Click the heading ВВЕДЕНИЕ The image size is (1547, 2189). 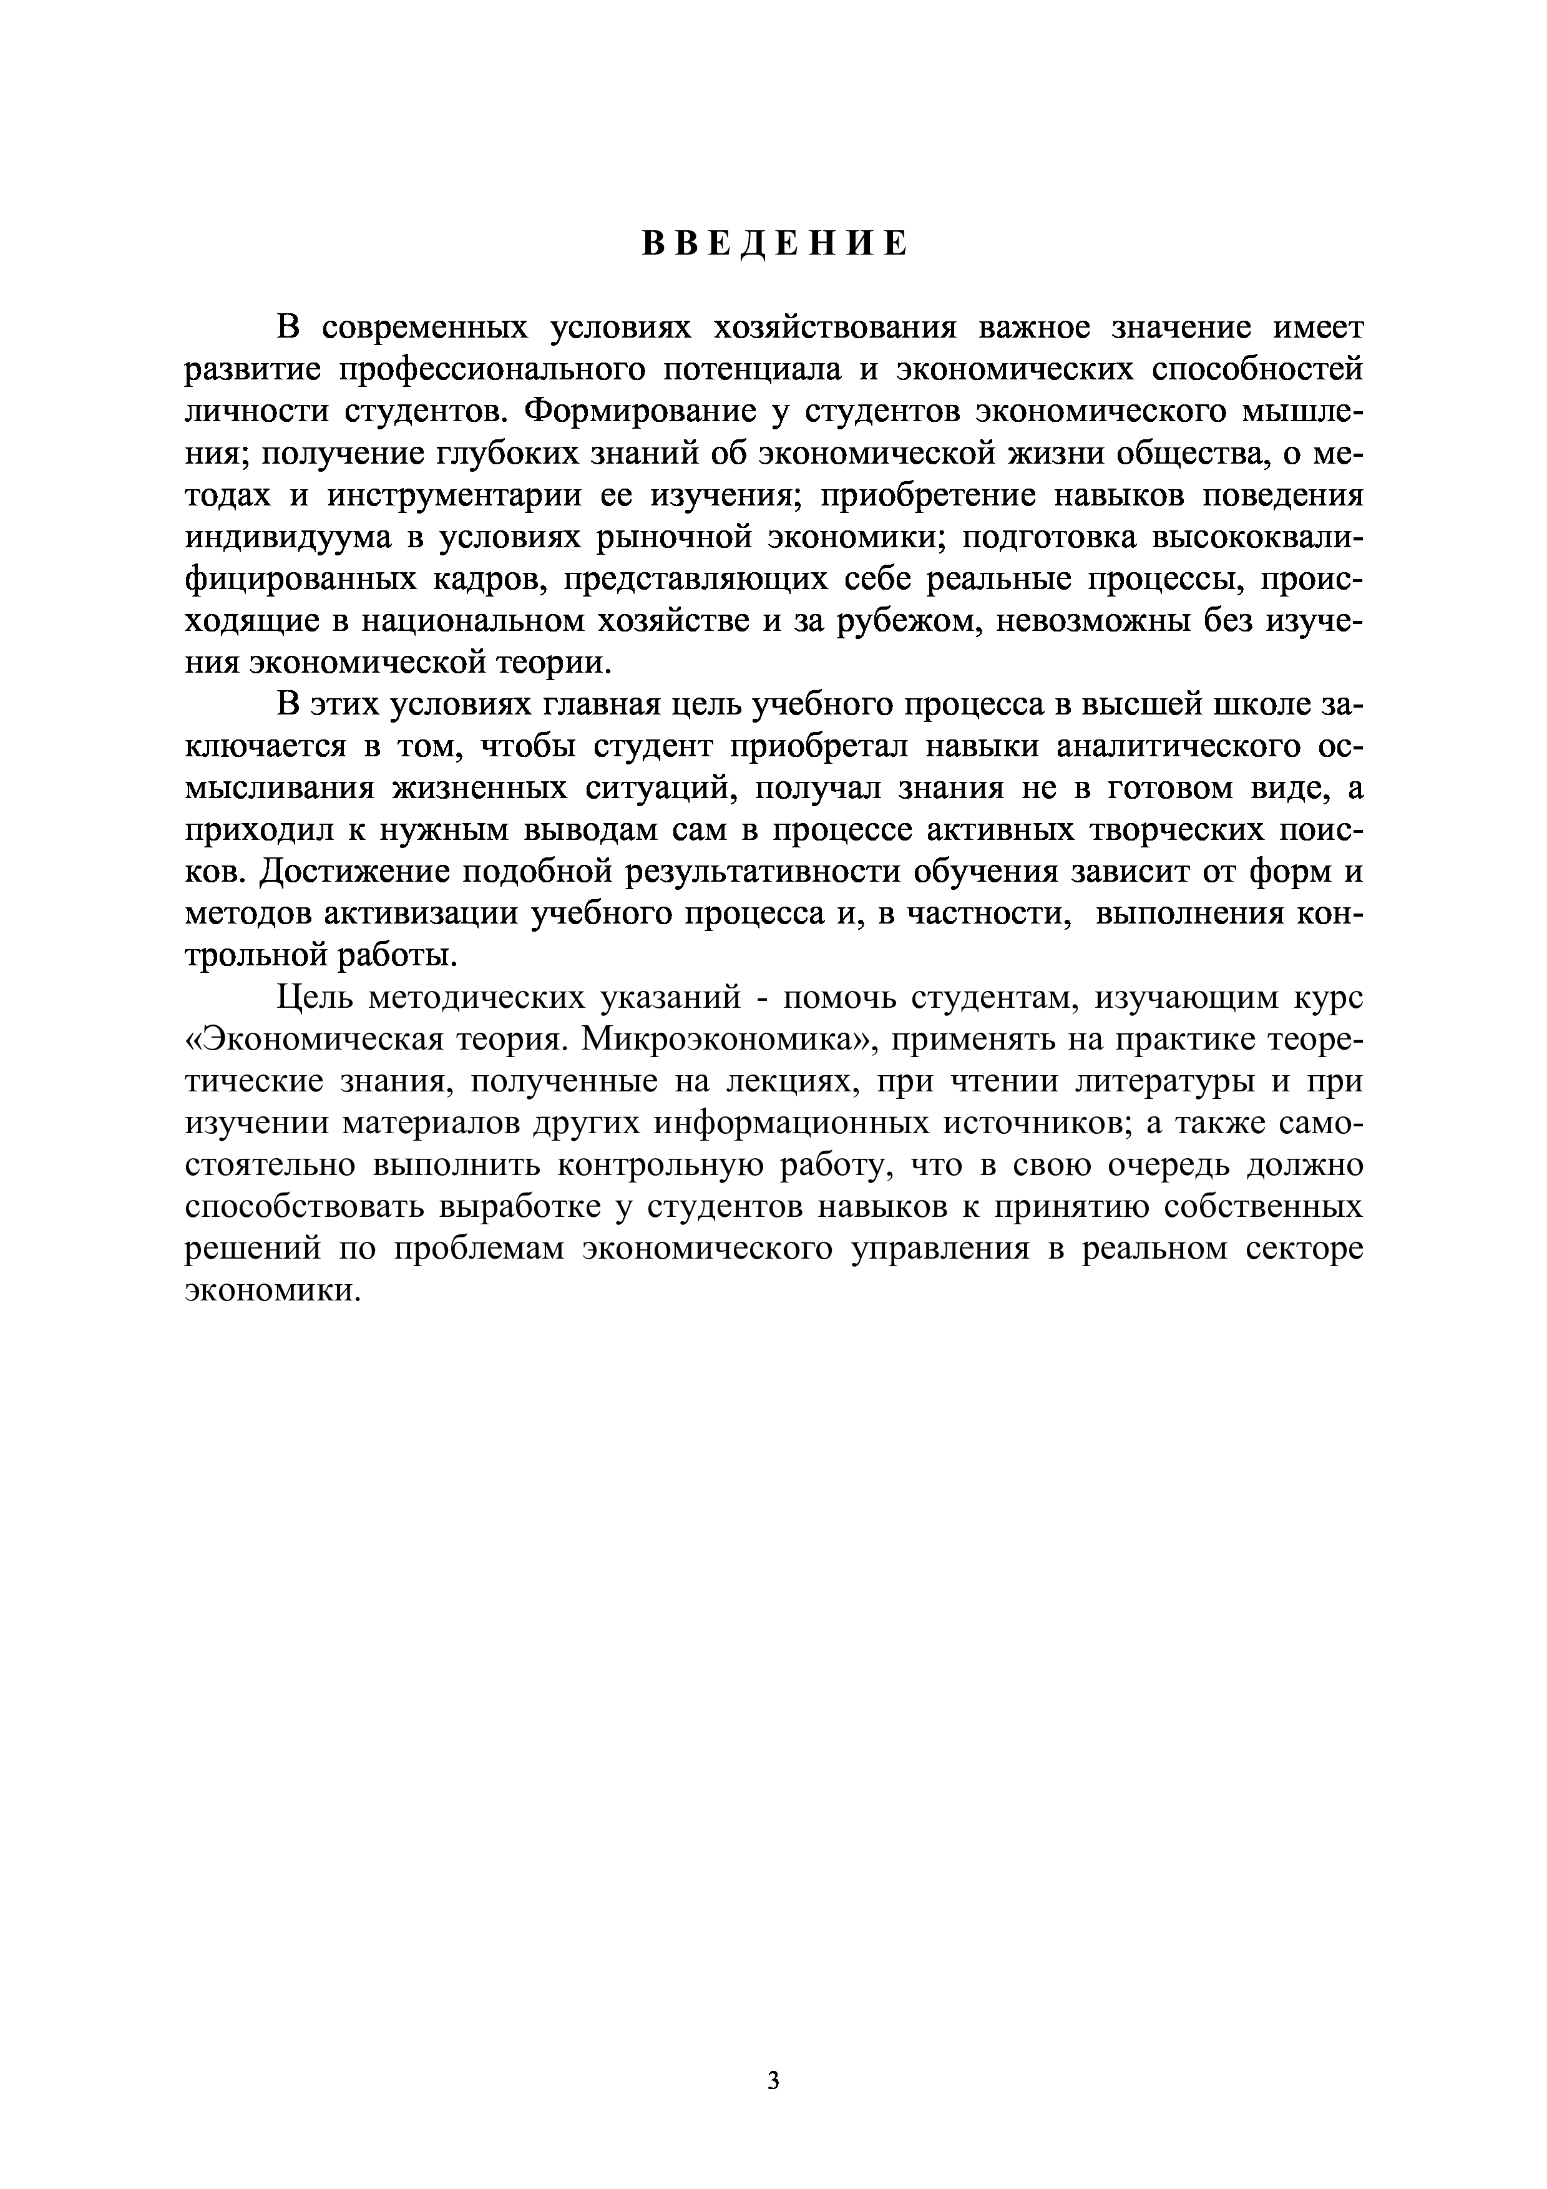773,244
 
